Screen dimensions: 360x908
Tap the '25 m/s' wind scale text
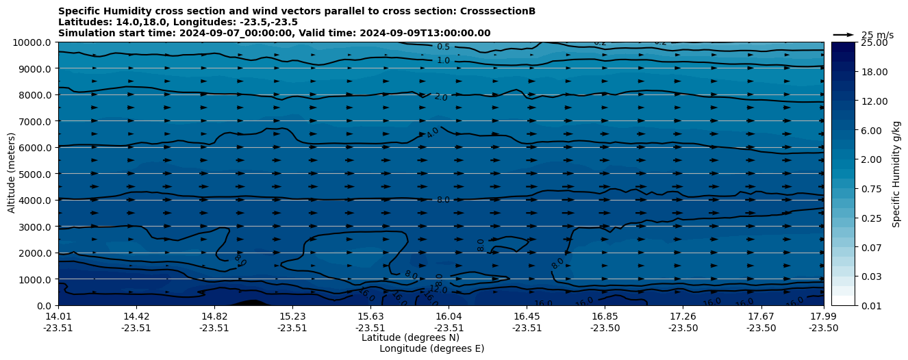(x=877, y=35)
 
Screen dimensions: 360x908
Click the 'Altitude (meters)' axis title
(x=12, y=173)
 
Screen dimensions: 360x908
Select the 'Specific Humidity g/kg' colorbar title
(x=896, y=174)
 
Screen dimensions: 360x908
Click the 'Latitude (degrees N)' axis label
(x=410, y=337)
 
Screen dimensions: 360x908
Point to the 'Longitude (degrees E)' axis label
(x=431, y=348)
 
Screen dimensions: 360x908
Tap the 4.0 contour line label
(x=433, y=133)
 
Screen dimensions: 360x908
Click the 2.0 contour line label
(x=440, y=98)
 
